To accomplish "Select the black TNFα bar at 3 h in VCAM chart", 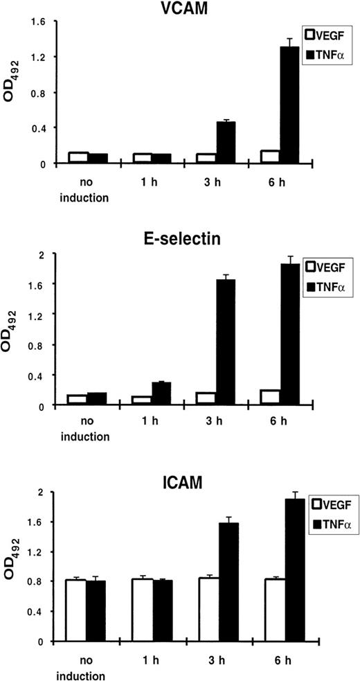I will pos(226,143).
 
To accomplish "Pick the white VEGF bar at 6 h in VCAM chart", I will pos(251,157).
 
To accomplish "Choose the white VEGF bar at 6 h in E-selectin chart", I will pos(251,397).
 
